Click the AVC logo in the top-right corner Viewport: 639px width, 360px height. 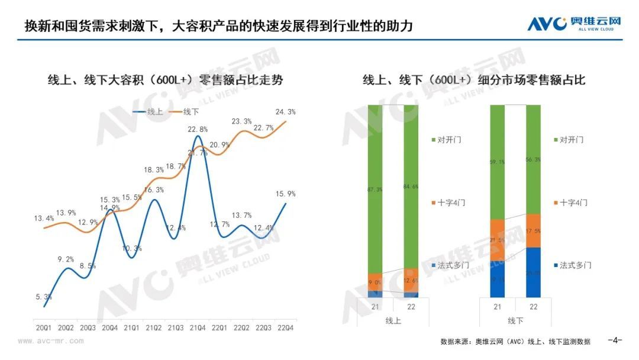[575, 24]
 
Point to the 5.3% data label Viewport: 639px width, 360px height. [44, 297]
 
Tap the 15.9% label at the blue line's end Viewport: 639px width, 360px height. [285, 194]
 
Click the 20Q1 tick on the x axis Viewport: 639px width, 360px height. [43, 327]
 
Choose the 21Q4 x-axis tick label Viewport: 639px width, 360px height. [197, 327]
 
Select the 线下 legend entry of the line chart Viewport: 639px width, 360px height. [184, 111]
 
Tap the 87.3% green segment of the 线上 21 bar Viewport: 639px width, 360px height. [375, 189]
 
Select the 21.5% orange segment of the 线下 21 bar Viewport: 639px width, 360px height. [498, 240]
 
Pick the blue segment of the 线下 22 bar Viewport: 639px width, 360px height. [533, 272]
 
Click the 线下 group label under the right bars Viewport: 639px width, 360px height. [515, 320]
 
